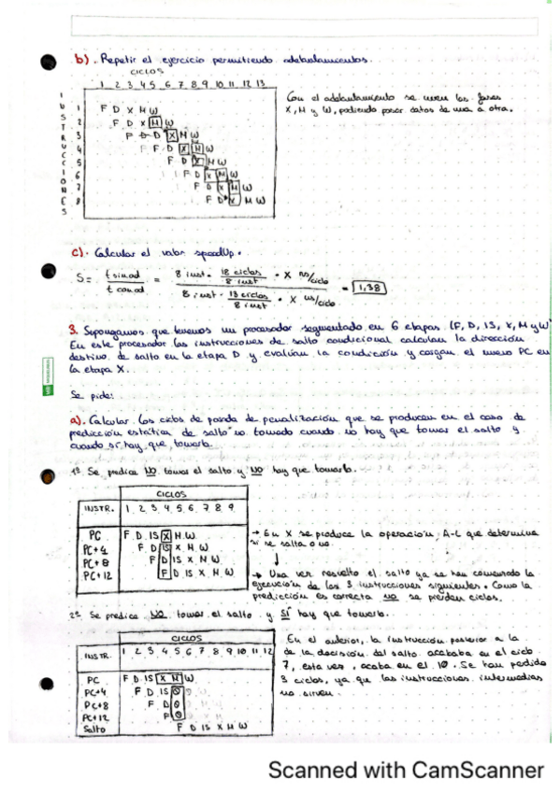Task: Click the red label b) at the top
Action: point(81,58)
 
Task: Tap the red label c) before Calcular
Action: point(79,251)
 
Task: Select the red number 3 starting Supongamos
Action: point(73,330)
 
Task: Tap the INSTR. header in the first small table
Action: point(99,510)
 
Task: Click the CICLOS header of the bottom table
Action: point(195,637)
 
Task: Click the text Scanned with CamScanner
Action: point(405,771)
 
